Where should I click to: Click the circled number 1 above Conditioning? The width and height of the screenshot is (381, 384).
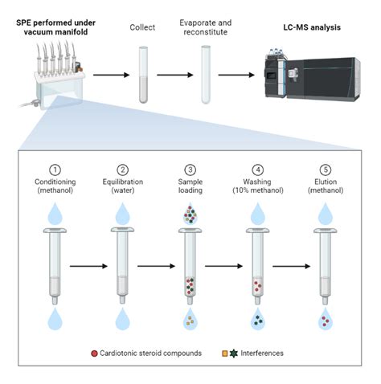click(55, 170)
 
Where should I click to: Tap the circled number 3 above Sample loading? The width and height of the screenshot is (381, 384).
click(189, 170)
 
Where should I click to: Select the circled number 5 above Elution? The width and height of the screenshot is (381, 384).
click(324, 170)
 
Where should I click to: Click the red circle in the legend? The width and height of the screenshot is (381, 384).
click(117, 353)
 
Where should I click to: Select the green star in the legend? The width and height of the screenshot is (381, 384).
click(236, 353)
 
